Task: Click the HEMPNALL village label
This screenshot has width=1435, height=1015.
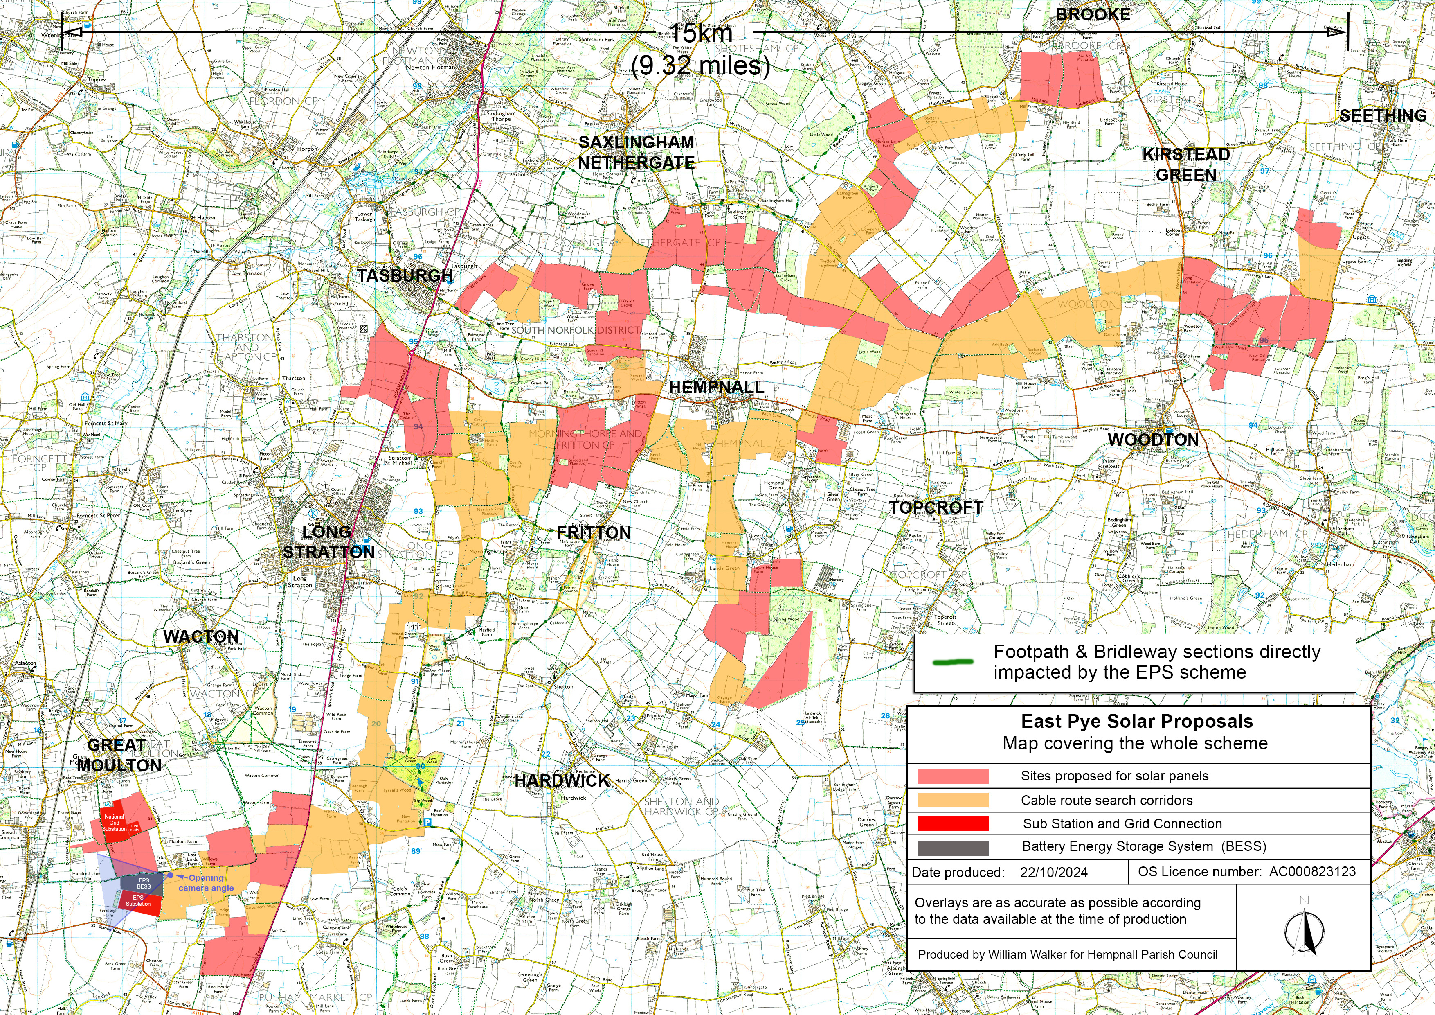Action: [716, 387]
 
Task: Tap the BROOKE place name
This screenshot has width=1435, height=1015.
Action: [1093, 15]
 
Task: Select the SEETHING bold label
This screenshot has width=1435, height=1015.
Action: [1383, 116]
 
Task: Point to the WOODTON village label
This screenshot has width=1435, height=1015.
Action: [1153, 440]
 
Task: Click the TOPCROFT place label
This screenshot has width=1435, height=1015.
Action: [936, 508]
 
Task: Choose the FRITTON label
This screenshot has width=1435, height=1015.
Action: [594, 533]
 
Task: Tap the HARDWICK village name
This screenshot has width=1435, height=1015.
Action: [562, 780]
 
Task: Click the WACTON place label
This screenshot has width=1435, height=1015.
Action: [200, 637]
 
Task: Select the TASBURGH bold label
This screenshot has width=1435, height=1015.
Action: [405, 275]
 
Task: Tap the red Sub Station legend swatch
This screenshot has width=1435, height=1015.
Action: [952, 823]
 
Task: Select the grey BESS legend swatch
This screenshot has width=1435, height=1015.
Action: [952, 847]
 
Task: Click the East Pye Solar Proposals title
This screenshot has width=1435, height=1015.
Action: [1136, 721]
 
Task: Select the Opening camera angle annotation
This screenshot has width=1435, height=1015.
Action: [206, 883]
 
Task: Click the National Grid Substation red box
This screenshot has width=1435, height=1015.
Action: [115, 822]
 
